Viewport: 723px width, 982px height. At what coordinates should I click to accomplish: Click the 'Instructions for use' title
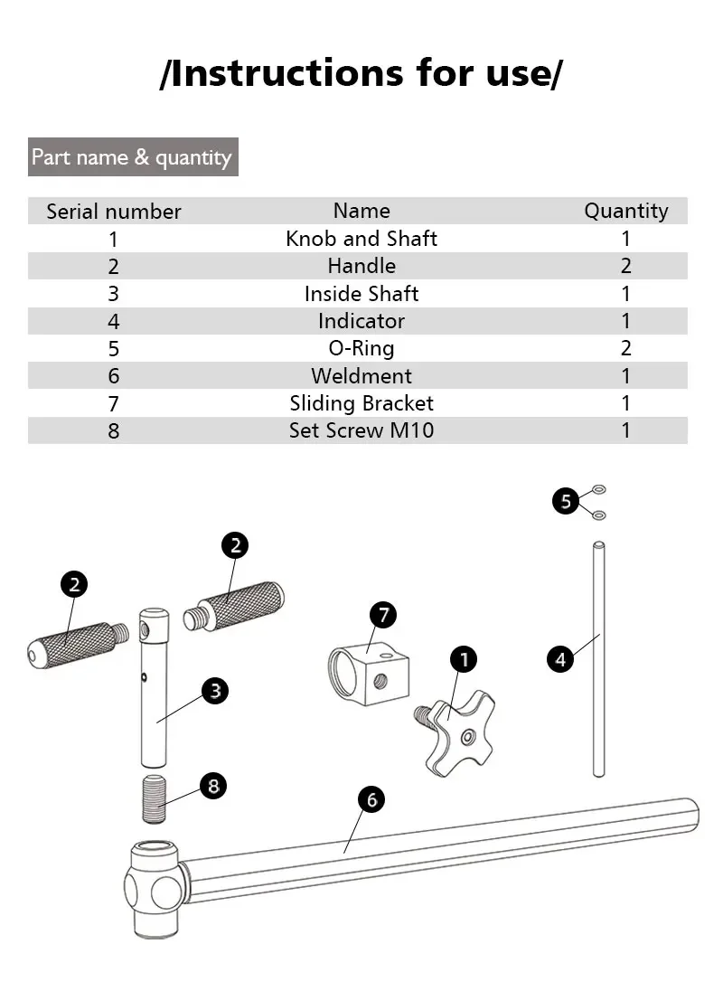[361, 73]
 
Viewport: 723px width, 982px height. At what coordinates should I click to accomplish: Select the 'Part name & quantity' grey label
[133, 157]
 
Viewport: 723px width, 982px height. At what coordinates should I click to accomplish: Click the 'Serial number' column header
[114, 212]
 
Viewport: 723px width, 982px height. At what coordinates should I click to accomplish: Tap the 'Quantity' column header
[625, 212]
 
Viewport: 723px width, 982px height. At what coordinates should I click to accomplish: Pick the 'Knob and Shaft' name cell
[361, 239]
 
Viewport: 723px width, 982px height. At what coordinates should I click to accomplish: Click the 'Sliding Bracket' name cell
[361, 403]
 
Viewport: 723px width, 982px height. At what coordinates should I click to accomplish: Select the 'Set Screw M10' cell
[361, 430]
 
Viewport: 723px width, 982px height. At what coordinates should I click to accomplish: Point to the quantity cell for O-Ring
[625, 348]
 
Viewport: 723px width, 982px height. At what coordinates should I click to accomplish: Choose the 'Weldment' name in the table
[361, 376]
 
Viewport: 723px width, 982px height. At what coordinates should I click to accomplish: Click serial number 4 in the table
[114, 321]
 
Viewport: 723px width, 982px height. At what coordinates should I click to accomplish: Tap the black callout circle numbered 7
[383, 616]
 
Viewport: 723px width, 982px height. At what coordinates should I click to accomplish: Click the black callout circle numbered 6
[371, 799]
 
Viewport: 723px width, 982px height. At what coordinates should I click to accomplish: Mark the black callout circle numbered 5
[566, 501]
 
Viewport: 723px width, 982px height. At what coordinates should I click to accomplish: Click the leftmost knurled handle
[72, 645]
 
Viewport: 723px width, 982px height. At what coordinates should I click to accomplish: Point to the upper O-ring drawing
[598, 490]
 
